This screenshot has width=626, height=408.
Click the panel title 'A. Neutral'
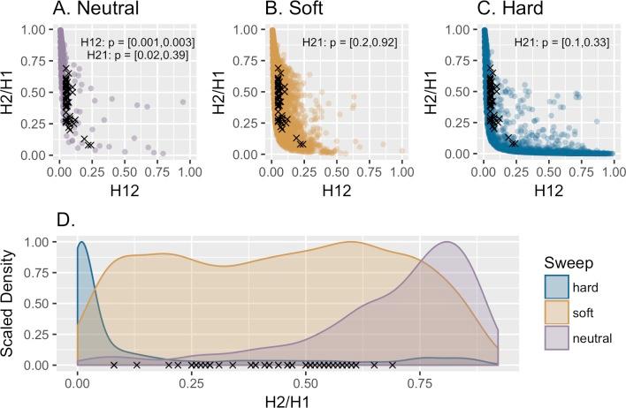(x=85, y=12)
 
